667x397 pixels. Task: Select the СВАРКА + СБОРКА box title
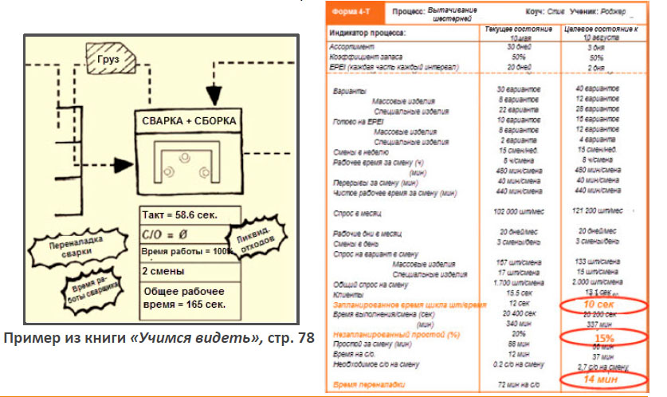[188, 120]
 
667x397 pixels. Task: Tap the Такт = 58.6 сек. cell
[180, 215]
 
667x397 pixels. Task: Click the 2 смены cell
[163, 270]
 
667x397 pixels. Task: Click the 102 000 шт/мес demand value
[519, 212]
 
